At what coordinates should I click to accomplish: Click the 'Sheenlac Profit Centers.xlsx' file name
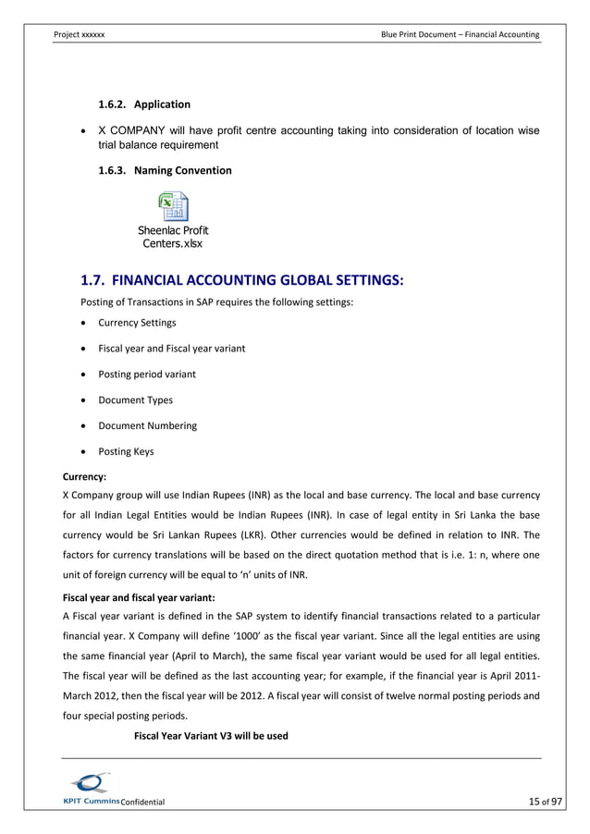tap(173, 237)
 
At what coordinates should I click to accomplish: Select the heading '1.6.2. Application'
tap(144, 104)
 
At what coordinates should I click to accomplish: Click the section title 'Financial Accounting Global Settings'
tap(243, 280)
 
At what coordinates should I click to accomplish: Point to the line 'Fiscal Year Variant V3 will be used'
tap(211, 736)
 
